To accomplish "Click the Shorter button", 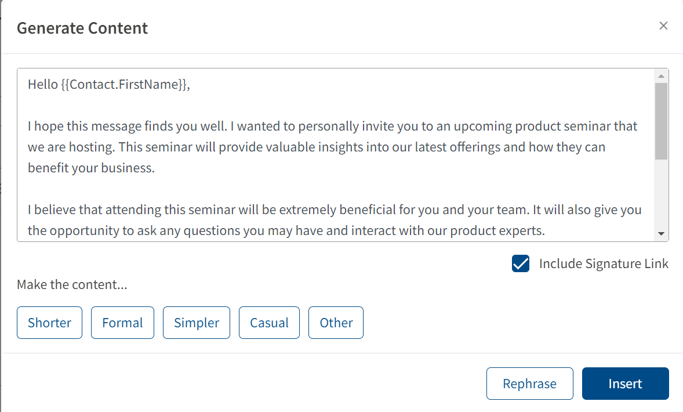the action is pyautogui.click(x=49, y=323).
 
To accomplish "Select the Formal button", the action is pyautogui.click(x=122, y=323).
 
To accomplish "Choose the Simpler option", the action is pyautogui.click(x=197, y=323).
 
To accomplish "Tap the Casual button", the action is pyautogui.click(x=269, y=323).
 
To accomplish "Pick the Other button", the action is pyautogui.click(x=336, y=323).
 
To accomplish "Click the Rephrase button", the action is pyautogui.click(x=530, y=384).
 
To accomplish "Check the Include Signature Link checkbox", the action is pyautogui.click(x=521, y=264).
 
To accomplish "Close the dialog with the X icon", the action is pyautogui.click(x=663, y=26).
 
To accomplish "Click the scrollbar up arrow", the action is pyautogui.click(x=661, y=76).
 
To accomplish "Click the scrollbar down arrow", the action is pyautogui.click(x=661, y=234).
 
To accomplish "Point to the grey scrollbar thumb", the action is pyautogui.click(x=661, y=121).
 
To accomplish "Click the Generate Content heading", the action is pyautogui.click(x=82, y=28).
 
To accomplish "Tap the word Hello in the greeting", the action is pyautogui.click(x=43, y=84).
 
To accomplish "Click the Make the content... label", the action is pyautogui.click(x=72, y=285).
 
